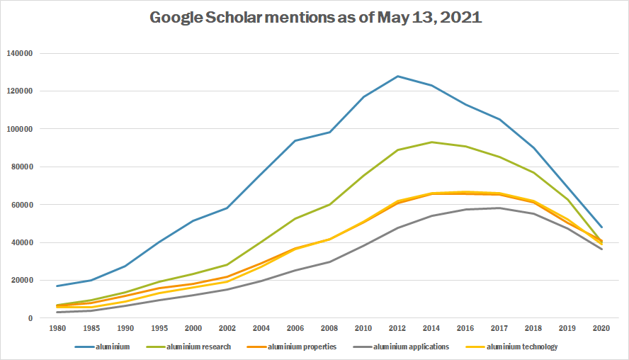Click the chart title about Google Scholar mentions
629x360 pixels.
click(315, 18)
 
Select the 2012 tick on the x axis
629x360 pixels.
click(398, 329)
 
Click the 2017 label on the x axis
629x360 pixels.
click(499, 329)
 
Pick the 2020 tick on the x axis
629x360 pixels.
click(601, 329)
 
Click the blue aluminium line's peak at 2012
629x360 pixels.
click(398, 76)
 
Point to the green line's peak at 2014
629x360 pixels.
click(431, 142)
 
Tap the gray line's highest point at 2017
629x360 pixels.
click(499, 208)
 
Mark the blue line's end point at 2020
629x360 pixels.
click(601, 227)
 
